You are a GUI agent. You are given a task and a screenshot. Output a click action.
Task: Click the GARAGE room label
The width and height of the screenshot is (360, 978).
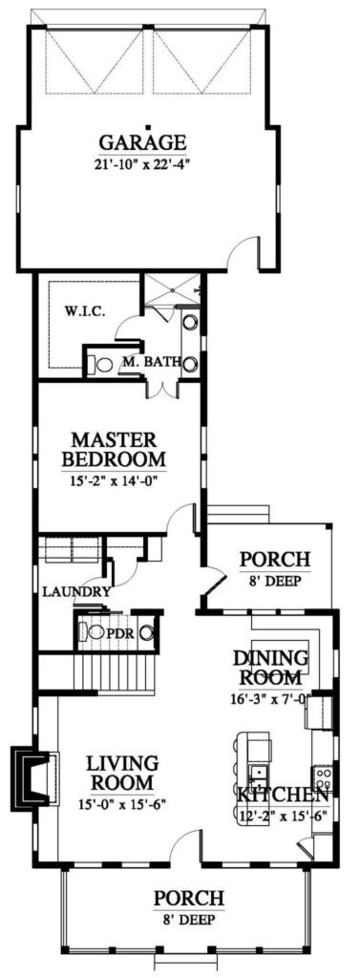(x=145, y=143)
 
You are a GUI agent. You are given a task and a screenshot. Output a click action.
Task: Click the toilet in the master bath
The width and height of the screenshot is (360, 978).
(x=98, y=363)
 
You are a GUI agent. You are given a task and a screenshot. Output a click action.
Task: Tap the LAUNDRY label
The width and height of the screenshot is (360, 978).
(x=75, y=592)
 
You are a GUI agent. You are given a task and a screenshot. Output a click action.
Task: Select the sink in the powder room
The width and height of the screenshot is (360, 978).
(x=146, y=631)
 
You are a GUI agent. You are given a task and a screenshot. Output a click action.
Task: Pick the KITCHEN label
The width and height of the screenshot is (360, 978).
(x=283, y=796)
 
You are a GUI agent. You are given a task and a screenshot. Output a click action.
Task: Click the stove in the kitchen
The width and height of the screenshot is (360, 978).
(x=323, y=774)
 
